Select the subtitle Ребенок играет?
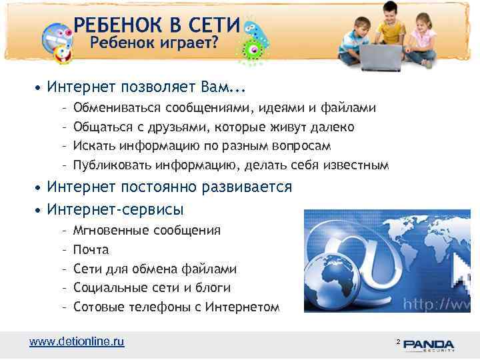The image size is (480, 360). (x=154, y=44)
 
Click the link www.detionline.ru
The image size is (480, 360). (x=77, y=341)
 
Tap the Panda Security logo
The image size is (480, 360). (x=429, y=345)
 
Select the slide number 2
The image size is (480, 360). (x=398, y=341)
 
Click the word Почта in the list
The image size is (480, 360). (x=91, y=250)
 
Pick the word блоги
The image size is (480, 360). (x=212, y=288)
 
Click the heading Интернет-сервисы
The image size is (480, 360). (x=115, y=209)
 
